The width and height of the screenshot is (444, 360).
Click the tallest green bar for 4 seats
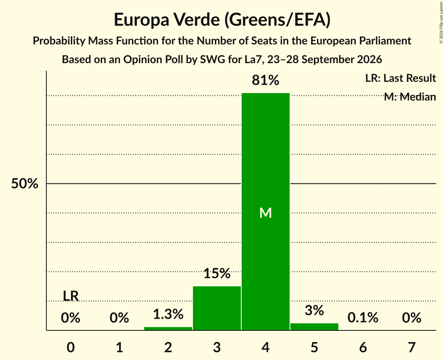[x=265, y=212]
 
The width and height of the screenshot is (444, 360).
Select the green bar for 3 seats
[x=217, y=308]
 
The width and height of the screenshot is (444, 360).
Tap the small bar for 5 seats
[x=314, y=326]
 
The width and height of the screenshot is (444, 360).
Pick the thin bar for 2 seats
[x=168, y=328]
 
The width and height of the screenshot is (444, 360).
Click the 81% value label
[x=265, y=80]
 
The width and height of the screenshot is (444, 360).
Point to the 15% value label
[x=217, y=274]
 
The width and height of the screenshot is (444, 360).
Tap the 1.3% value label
[x=168, y=314]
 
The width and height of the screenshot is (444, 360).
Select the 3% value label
[x=314, y=311]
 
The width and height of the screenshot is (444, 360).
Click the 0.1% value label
[x=363, y=318]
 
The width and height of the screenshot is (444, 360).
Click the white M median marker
[x=265, y=213]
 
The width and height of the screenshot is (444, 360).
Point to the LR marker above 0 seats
[x=71, y=296]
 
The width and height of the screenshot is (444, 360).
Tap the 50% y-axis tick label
[x=25, y=184]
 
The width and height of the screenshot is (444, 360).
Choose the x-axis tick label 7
[x=412, y=347]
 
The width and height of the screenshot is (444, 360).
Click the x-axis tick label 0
[x=71, y=347]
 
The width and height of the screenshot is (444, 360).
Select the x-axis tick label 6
[x=363, y=347]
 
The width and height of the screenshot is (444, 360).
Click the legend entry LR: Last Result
[x=401, y=78]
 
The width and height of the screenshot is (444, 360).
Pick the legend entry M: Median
[x=410, y=97]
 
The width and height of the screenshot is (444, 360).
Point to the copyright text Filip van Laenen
[x=441, y=17]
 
